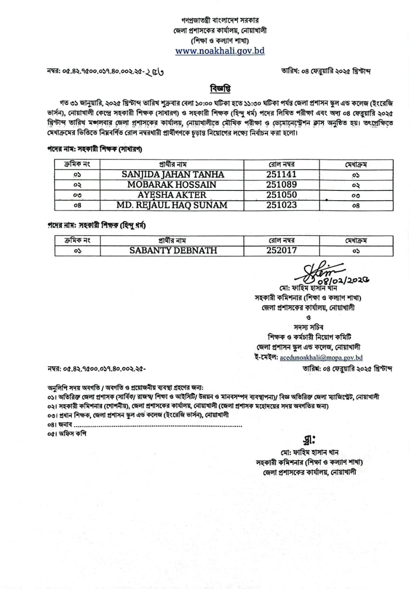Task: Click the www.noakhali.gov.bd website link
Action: pyautogui.click(x=220, y=51)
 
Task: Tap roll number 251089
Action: pyautogui.click(x=281, y=185)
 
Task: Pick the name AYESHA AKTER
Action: pyautogui.click(x=172, y=195)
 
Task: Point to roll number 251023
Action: pyautogui.click(x=281, y=205)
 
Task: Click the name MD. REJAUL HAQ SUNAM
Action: pyautogui.click(x=172, y=205)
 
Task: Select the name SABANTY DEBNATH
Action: pyautogui.click(x=172, y=251)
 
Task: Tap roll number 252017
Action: pyautogui.click(x=281, y=251)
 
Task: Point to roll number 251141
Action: pyautogui.click(x=281, y=174)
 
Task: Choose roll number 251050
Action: pyautogui.click(x=281, y=195)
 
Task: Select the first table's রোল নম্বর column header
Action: pyautogui.click(x=281, y=164)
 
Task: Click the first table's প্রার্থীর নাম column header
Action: pyautogui.click(x=172, y=164)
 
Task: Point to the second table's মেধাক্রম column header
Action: pyautogui.click(x=356, y=240)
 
